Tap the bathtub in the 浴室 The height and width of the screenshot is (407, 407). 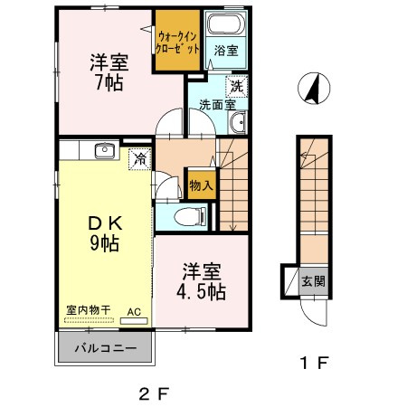[221, 26]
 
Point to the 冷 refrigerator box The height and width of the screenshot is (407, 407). [139, 158]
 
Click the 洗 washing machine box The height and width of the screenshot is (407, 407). [237, 88]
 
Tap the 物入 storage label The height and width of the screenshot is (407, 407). [201, 186]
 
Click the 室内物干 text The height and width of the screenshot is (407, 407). [88, 309]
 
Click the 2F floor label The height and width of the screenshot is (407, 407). [155, 393]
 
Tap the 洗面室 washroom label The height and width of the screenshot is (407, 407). [213, 104]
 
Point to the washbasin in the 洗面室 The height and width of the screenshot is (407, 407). [237, 123]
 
